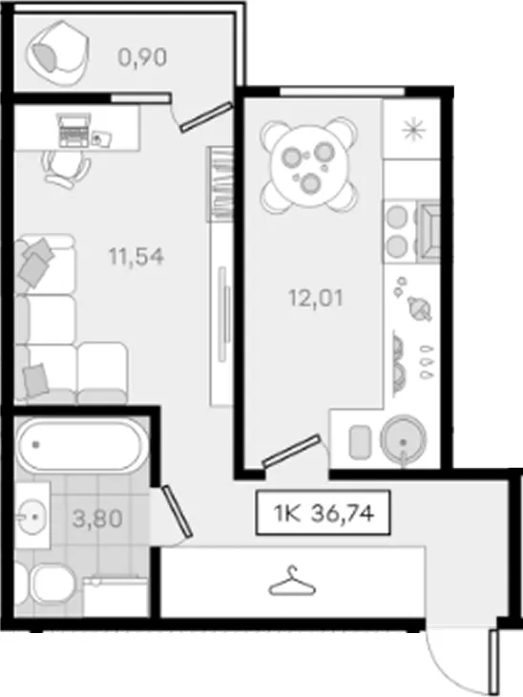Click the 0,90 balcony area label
coord(142,57)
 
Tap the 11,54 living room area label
coord(136,257)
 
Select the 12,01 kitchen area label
coord(316,298)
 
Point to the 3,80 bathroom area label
coord(97,518)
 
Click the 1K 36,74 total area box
coord(324,513)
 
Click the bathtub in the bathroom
coord(80,445)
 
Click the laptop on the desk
coord(73,130)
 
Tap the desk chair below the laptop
coord(66,168)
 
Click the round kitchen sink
coord(403,439)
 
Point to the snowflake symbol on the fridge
coord(413,130)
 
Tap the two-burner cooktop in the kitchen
coord(397,232)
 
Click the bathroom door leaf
coord(178,511)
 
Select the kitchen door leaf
coord(291,451)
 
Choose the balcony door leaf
coord(206,116)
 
